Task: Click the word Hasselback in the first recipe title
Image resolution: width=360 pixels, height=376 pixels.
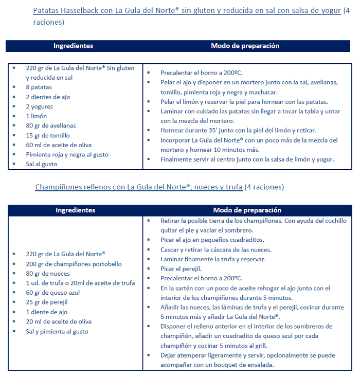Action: (79, 11)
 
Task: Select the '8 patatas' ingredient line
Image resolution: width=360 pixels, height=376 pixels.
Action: (39, 87)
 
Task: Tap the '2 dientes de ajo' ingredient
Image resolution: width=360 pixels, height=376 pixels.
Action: (48, 97)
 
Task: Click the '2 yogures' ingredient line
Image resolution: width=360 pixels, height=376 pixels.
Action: (40, 106)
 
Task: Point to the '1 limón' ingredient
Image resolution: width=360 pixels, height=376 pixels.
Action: (37, 116)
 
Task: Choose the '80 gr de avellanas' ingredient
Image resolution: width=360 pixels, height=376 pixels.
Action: (51, 126)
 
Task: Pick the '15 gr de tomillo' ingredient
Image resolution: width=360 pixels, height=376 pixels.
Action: (48, 135)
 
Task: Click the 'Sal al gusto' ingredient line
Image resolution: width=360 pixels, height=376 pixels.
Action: (42, 164)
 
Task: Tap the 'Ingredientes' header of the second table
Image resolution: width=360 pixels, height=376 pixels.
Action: (75, 210)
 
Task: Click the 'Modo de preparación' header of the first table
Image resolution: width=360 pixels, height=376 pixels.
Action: (245, 46)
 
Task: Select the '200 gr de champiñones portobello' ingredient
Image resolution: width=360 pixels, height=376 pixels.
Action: (74, 264)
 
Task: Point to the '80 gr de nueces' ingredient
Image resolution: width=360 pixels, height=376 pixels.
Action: (47, 274)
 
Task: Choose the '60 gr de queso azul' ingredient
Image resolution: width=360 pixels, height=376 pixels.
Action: (53, 293)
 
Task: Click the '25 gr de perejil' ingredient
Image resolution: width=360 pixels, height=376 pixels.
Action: (47, 302)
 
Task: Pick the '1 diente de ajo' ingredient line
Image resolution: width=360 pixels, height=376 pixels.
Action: (47, 312)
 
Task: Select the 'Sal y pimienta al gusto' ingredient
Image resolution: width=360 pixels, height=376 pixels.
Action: (57, 331)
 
